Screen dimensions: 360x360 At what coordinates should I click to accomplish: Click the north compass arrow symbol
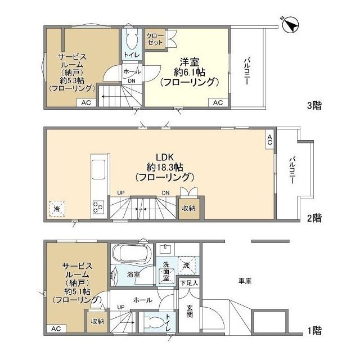tap(291, 25)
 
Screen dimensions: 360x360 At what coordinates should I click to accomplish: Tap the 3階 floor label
tap(314, 105)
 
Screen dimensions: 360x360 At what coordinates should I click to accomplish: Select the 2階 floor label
tap(314, 218)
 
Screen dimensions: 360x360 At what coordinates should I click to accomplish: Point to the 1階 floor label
tap(314, 331)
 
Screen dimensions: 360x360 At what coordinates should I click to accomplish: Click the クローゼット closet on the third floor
tap(155, 39)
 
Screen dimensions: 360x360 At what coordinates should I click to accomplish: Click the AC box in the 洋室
tap(218, 102)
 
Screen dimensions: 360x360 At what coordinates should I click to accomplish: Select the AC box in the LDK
tap(269, 139)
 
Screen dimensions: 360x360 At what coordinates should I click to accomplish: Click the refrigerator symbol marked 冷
tap(57, 209)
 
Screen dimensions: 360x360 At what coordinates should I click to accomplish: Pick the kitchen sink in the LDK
tap(98, 170)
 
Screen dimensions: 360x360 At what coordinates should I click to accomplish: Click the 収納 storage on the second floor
tap(189, 208)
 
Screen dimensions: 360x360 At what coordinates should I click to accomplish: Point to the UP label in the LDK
tap(121, 193)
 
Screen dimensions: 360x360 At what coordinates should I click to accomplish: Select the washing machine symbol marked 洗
tap(186, 265)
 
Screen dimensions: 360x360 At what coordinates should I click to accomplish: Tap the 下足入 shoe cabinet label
tap(189, 283)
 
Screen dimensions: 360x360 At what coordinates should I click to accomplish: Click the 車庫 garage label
tap(245, 281)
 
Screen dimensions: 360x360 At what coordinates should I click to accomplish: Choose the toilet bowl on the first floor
tap(154, 322)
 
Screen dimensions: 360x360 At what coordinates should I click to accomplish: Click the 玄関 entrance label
tap(190, 312)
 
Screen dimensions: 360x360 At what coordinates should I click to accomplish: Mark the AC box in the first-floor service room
tap(56, 328)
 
